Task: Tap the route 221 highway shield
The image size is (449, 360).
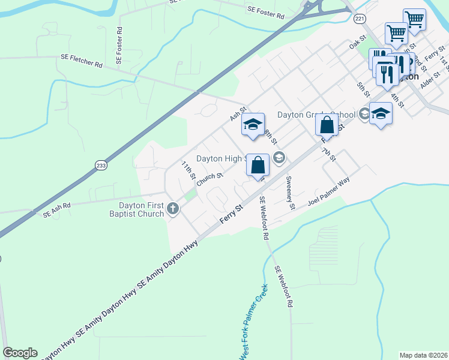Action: click(360, 19)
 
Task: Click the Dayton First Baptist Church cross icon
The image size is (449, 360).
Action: click(173, 209)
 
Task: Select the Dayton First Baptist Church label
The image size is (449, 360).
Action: click(137, 209)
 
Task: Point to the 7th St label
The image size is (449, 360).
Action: click(328, 154)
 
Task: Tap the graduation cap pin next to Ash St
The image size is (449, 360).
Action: click(253, 124)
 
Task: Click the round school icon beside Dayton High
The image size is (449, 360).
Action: click(279, 158)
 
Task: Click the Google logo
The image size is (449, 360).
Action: click(20, 353)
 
